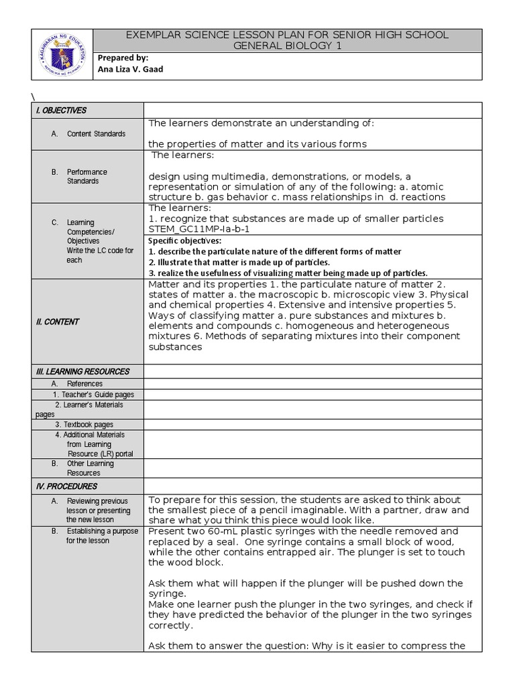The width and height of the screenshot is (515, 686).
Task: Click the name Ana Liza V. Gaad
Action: point(130,69)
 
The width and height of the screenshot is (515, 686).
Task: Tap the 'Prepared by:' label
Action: point(123,58)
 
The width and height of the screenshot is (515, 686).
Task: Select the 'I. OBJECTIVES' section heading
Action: point(61,111)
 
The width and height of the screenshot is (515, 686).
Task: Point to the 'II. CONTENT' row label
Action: point(57,322)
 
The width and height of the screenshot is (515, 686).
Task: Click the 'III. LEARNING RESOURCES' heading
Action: point(82,371)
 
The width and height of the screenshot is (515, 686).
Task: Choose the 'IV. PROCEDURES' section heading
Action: point(66,486)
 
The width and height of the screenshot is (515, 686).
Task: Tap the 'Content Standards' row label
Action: point(96,134)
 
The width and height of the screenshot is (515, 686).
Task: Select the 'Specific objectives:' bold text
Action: point(184,241)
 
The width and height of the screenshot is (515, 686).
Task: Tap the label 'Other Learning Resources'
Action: point(91,468)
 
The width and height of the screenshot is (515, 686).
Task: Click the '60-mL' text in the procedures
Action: point(217,531)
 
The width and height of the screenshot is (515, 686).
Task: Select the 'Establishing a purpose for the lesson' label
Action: point(102,536)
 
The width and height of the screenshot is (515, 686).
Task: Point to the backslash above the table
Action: point(32,94)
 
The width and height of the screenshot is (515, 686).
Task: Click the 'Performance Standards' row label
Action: point(87,176)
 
